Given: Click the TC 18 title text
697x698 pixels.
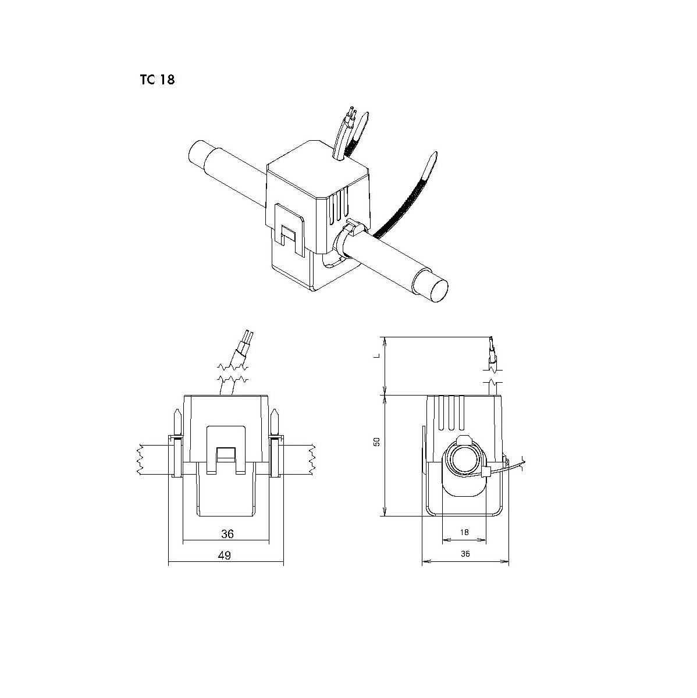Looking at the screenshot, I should click(157, 80).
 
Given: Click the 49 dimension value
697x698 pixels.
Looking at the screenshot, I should click(225, 555).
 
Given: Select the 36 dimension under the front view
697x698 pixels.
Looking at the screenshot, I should click(227, 533).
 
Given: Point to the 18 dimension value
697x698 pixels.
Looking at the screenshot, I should click(464, 532).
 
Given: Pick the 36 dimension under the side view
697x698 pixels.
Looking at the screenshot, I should click(464, 554).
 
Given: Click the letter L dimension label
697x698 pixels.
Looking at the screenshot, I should click(376, 353).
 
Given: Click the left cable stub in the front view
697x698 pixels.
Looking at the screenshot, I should click(152, 459).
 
